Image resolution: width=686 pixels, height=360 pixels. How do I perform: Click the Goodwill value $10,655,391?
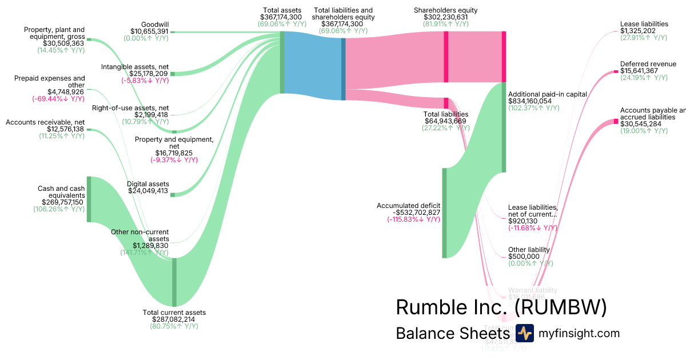149,31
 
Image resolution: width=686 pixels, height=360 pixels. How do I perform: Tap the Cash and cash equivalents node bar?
89,199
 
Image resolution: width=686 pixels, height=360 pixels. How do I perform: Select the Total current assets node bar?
174,282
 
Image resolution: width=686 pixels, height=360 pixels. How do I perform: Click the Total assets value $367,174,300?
282,18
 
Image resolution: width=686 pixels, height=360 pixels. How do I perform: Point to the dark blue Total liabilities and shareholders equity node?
344,69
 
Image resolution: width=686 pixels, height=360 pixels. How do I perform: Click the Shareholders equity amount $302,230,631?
445,18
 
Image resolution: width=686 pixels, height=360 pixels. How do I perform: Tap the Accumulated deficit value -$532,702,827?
408,213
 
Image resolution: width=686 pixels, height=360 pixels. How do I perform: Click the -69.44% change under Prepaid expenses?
58,99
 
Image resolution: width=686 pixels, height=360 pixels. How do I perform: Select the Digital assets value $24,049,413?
149,191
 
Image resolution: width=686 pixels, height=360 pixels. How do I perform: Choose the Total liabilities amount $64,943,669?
445,121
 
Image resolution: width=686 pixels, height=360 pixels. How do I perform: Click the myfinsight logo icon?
524,333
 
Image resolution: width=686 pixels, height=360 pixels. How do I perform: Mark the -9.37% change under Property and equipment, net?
174,160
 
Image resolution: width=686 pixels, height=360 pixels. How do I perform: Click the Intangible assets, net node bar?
173,74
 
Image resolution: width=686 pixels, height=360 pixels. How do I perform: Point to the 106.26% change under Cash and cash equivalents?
59,209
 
